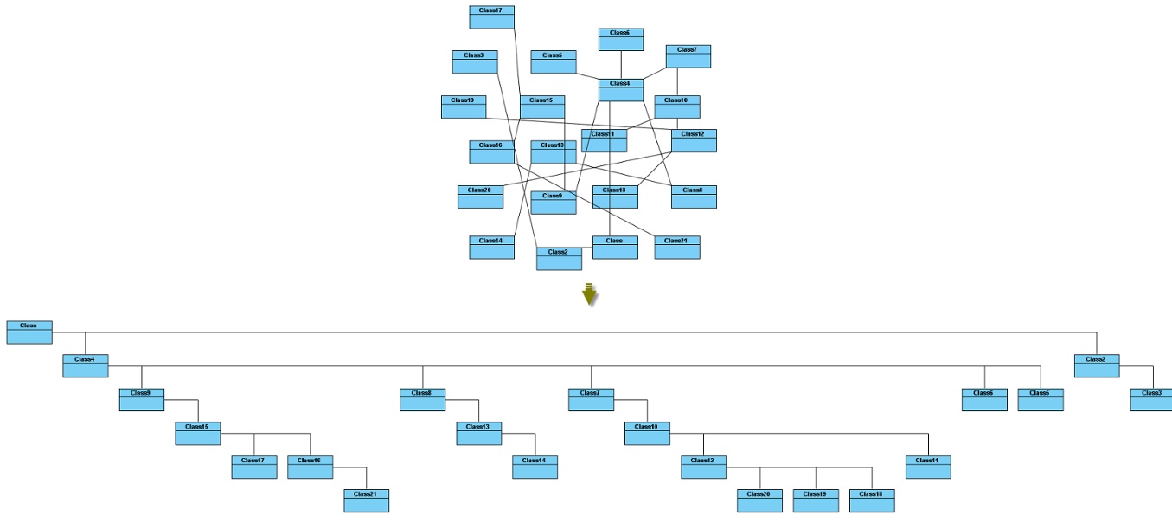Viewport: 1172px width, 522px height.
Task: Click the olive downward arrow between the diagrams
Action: (590, 294)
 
